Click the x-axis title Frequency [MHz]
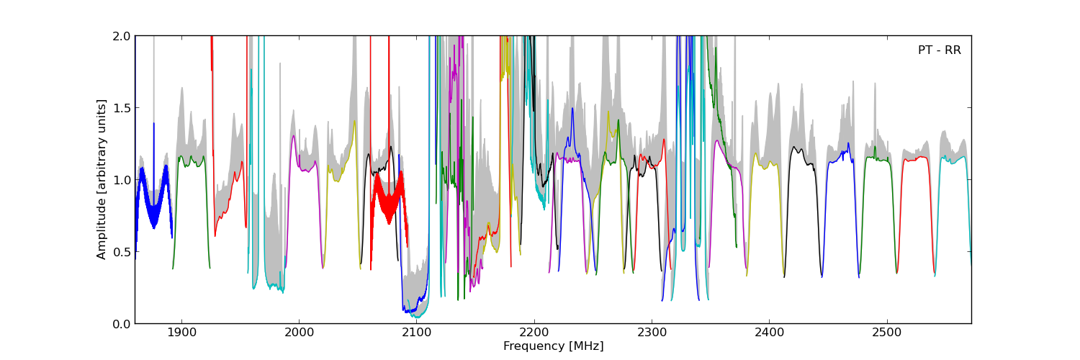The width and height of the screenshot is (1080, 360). pos(553,346)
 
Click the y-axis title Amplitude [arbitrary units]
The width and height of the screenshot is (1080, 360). pos(102,179)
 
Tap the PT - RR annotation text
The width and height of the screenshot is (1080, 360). pos(939,50)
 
